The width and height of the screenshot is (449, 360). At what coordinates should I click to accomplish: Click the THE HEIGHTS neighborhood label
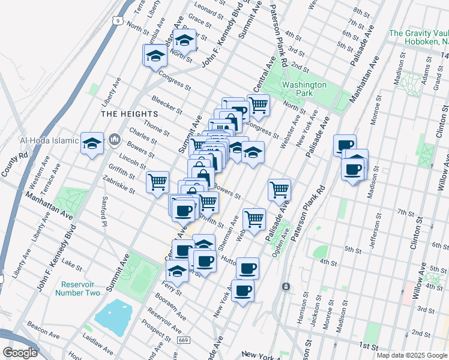129,113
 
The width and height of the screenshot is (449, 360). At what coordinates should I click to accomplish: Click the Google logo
20,353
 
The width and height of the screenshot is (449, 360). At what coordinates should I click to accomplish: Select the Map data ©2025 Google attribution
412,355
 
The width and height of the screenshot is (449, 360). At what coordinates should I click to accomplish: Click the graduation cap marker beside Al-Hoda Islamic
92,143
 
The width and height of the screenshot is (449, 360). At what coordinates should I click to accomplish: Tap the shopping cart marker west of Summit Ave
157,181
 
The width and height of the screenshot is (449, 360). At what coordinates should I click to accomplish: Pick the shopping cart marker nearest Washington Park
258,105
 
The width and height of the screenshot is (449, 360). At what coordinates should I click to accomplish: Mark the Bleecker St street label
166,105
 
